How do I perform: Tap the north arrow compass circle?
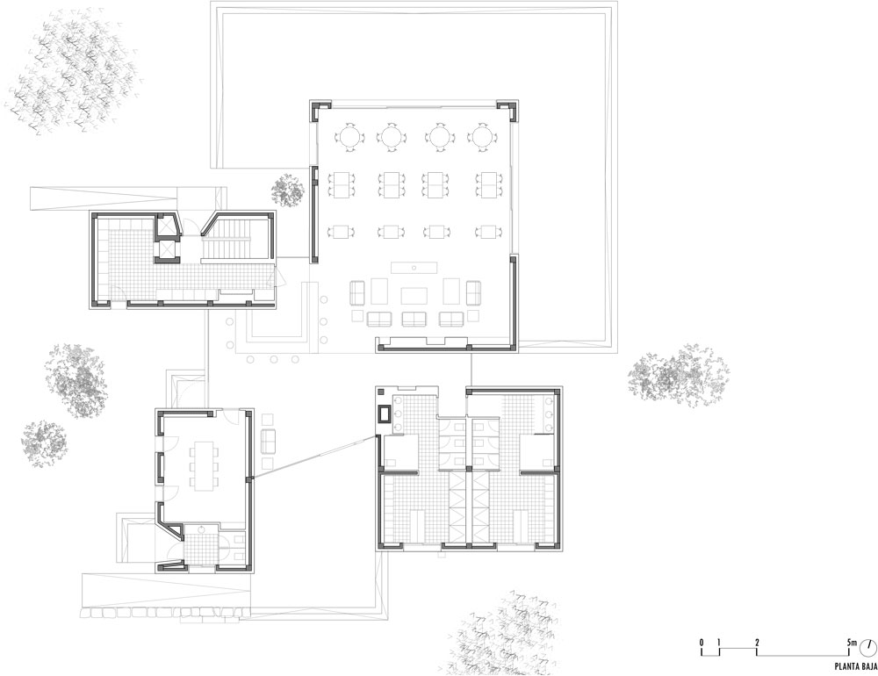click(x=869, y=646)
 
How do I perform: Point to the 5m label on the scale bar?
click(x=851, y=642)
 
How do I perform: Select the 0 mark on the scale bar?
click(x=701, y=642)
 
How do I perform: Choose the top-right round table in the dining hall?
click(x=482, y=136)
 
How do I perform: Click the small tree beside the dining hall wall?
click(x=288, y=190)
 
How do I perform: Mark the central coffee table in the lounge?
click(x=414, y=295)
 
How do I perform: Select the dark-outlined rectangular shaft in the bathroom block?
click(x=385, y=414)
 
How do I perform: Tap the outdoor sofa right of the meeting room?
click(x=268, y=442)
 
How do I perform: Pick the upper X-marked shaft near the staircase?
click(x=168, y=227)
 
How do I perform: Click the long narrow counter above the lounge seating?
click(x=414, y=267)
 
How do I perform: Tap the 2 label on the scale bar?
click(x=757, y=642)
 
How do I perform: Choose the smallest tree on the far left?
click(x=44, y=444)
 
